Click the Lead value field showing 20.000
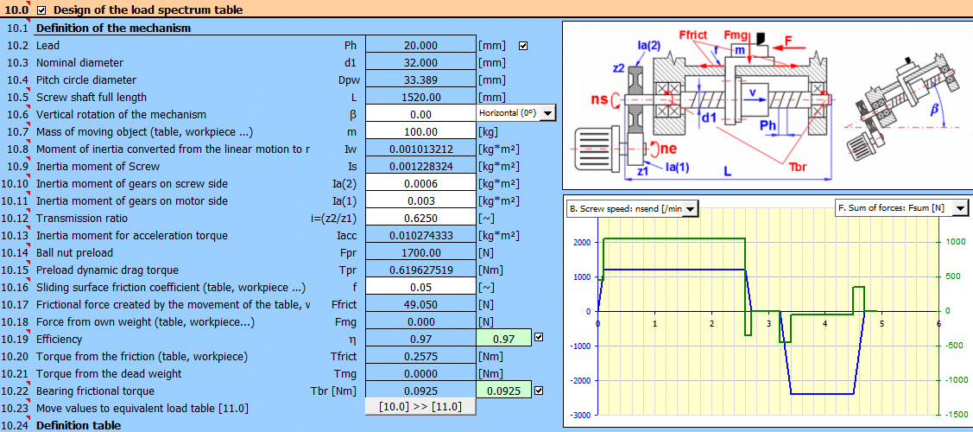(420, 46)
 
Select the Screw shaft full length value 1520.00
(420, 98)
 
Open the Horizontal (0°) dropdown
(547, 113)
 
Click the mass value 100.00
(420, 132)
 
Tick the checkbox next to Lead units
(522, 46)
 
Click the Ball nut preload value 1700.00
(420, 253)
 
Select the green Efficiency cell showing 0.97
(503, 340)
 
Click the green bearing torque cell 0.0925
(503, 391)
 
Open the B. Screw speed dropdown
(690, 208)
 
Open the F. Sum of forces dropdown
(961, 208)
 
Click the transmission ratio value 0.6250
(420, 219)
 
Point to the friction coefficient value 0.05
(420, 288)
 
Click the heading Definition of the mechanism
(113, 28)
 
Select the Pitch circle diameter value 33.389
(420, 80)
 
